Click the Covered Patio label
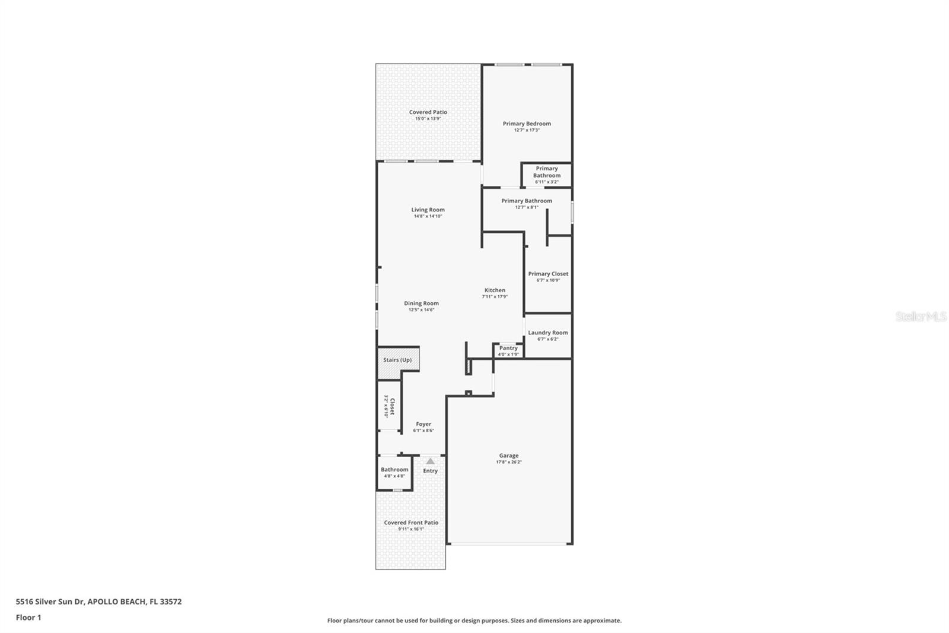click(x=428, y=112)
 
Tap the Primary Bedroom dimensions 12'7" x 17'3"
click(x=527, y=130)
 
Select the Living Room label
click(x=428, y=210)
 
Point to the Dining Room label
click(x=421, y=303)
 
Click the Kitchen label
click(x=495, y=290)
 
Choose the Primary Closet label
click(x=548, y=274)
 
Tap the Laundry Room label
click(x=548, y=333)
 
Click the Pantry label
click(x=508, y=348)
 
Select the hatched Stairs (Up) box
click(x=397, y=360)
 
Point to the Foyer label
click(x=423, y=424)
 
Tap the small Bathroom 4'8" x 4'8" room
click(x=394, y=473)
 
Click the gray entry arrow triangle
click(x=430, y=461)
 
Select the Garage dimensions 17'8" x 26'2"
click(x=509, y=462)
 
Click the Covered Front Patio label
click(x=411, y=523)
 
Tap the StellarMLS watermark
click(x=921, y=316)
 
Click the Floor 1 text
click(x=28, y=618)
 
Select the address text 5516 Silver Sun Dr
click(x=50, y=602)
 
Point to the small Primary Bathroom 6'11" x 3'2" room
click(x=546, y=175)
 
